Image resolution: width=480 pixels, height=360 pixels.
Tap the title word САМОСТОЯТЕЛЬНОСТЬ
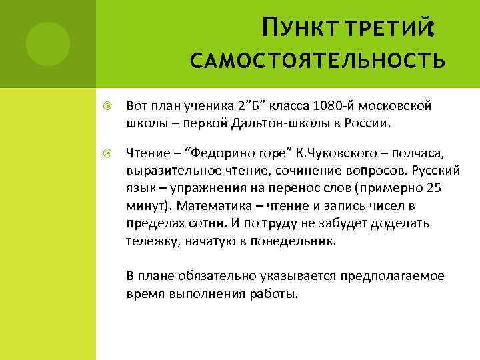[x=317, y=62]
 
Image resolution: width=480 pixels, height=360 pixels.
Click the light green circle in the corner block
[x=47, y=43]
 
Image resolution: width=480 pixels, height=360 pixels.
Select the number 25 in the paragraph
[x=433, y=188]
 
